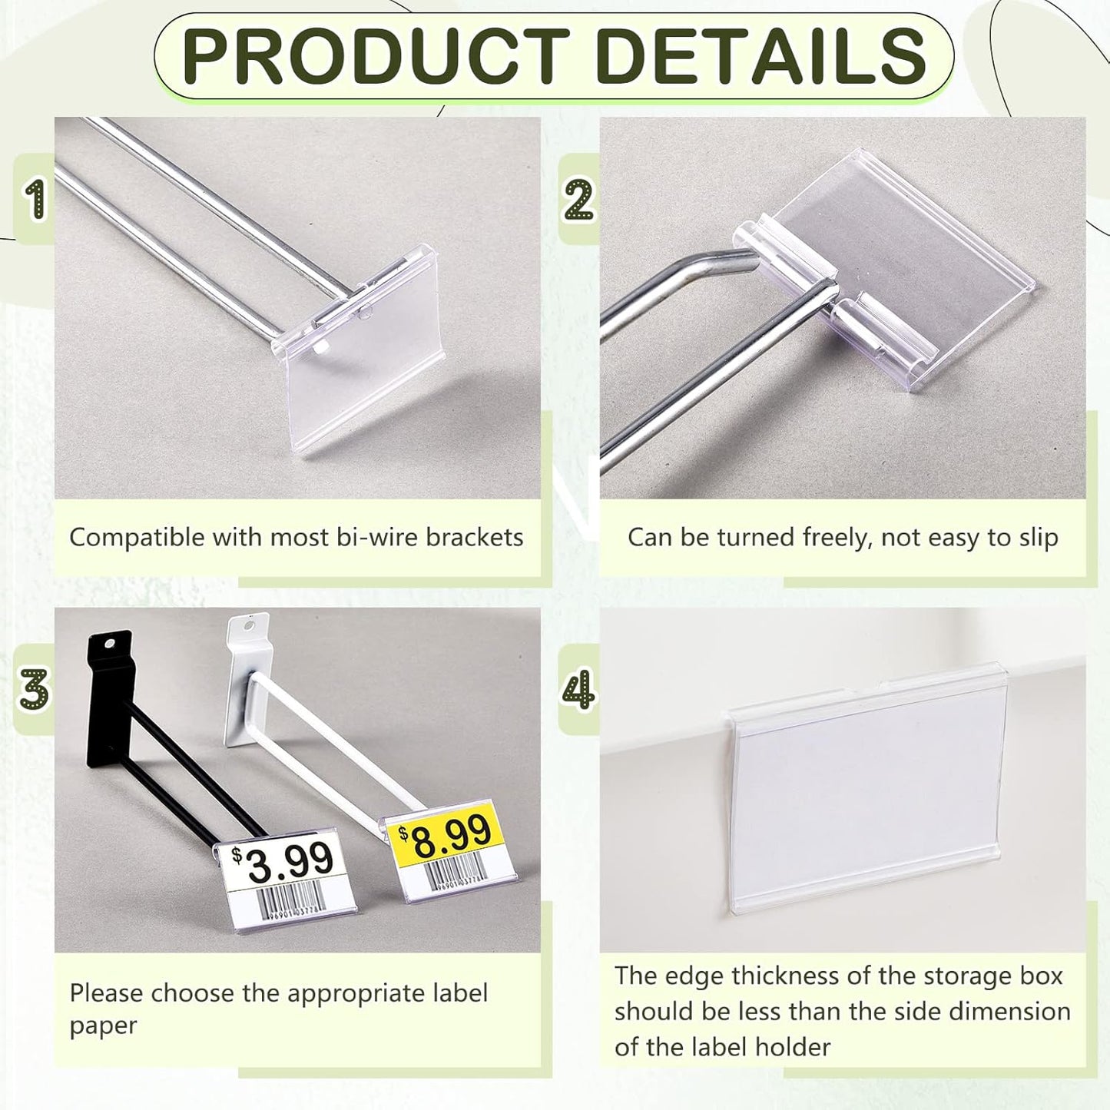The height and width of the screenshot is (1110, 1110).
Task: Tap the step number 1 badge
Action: coord(35,199)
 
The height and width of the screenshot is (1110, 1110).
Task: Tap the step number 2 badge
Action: coord(578,199)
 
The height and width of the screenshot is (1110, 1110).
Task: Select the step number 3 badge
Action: coord(35,689)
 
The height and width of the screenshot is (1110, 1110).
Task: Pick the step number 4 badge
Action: coord(578,689)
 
